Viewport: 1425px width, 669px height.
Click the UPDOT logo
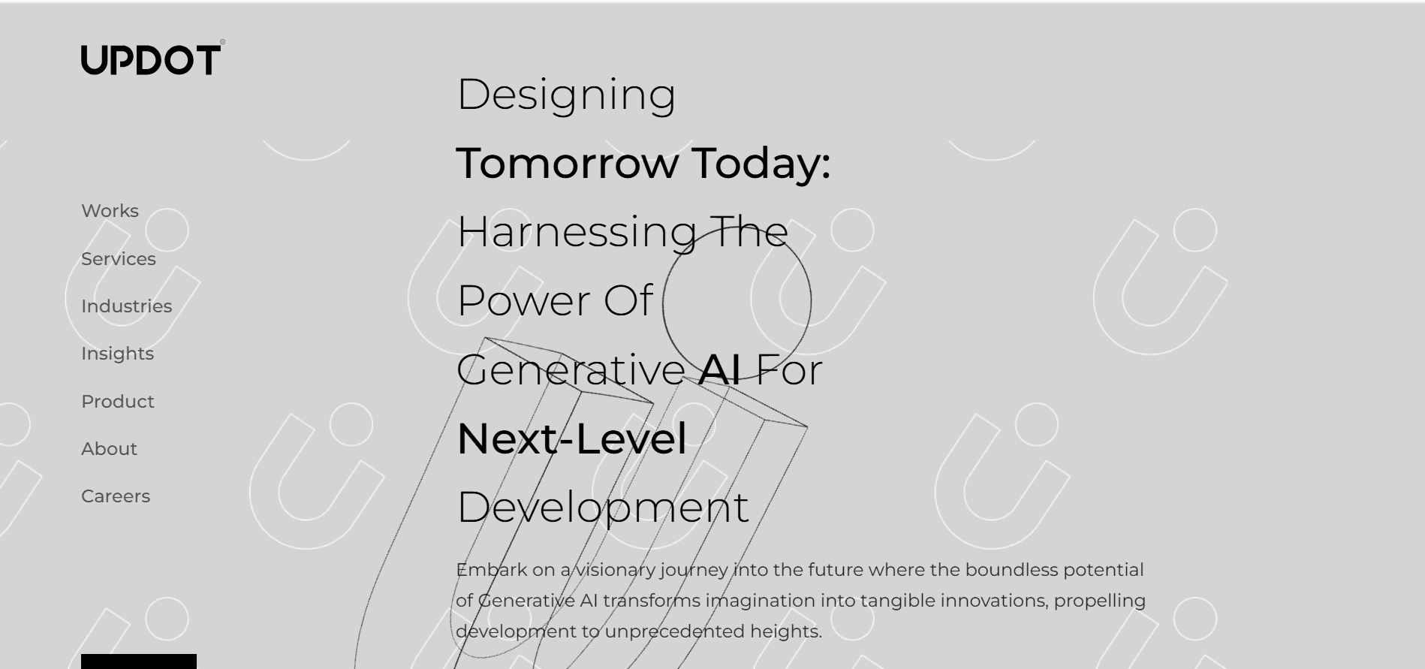[x=152, y=59]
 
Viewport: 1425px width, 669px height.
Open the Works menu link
[x=110, y=211]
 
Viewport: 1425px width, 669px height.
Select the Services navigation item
[x=119, y=258]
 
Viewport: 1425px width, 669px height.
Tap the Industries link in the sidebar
[x=126, y=306]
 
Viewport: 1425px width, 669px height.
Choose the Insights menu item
[x=117, y=354]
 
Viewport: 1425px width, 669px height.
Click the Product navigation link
[x=117, y=402]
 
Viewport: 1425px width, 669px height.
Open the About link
[x=109, y=449]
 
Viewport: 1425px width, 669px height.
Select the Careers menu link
[x=116, y=496]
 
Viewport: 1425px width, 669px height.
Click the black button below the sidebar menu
[x=139, y=661]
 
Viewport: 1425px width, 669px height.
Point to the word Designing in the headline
[x=566, y=95]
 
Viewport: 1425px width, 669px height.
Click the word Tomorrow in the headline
[x=568, y=163]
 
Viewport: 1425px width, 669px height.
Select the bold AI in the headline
[x=719, y=369]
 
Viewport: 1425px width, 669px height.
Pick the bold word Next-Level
[x=571, y=438]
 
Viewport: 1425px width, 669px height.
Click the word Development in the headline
[x=603, y=508]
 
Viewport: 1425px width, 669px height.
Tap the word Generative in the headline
[x=571, y=369]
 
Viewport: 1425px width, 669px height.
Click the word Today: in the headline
[x=761, y=163]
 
